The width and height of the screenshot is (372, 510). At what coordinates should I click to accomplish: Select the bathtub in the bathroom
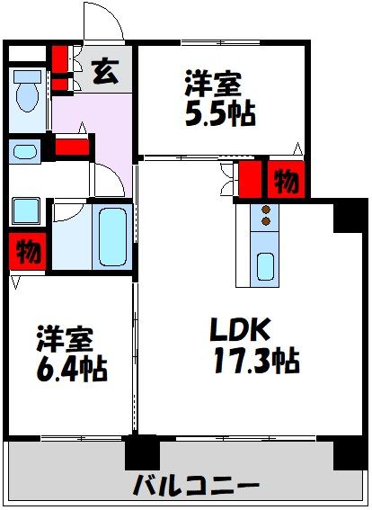pyautogui.click(x=112, y=237)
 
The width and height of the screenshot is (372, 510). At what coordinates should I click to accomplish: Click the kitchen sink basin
pyautogui.click(x=265, y=266)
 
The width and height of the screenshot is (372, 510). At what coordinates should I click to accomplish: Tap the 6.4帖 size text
pyautogui.click(x=70, y=367)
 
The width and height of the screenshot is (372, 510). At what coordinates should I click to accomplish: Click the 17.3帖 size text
pyautogui.click(x=256, y=362)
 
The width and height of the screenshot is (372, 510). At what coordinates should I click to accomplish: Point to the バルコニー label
pyautogui.click(x=195, y=487)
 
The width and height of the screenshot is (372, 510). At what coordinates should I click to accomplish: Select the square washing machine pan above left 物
pyautogui.click(x=24, y=212)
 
